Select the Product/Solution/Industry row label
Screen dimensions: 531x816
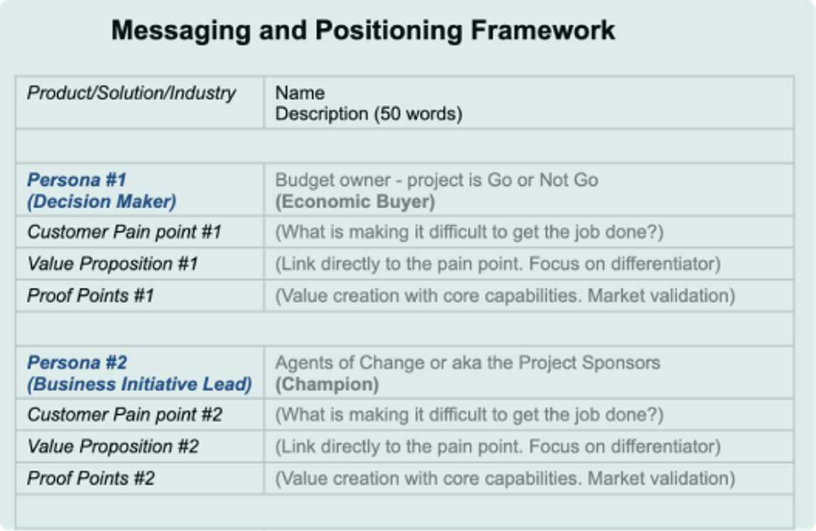click(x=131, y=93)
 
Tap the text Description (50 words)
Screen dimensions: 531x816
click(x=369, y=114)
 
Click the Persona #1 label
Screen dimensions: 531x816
click(x=77, y=180)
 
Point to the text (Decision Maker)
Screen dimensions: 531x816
click(x=101, y=202)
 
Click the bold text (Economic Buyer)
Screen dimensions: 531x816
click(x=354, y=202)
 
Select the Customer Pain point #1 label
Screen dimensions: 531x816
click(x=124, y=232)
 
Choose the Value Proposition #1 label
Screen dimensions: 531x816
click(x=112, y=263)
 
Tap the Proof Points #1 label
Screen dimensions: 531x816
click(x=90, y=295)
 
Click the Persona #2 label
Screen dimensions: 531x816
click(x=77, y=363)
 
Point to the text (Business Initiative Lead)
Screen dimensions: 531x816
click(x=139, y=384)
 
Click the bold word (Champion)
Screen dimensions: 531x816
click(x=326, y=384)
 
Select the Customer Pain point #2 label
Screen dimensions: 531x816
click(x=124, y=415)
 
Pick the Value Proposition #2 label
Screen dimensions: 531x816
click(x=112, y=447)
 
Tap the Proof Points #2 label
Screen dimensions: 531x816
click(x=90, y=478)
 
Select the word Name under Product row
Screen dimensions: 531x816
click(x=300, y=93)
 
